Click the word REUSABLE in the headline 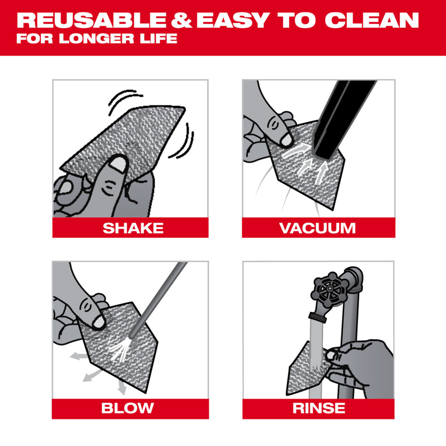(91, 21)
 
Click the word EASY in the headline (232, 21)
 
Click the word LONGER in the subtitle (97, 39)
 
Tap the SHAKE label (133, 228)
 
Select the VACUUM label (317, 228)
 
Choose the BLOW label (128, 408)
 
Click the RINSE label (318, 408)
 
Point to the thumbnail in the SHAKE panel (118, 164)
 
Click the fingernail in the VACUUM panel (286, 140)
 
